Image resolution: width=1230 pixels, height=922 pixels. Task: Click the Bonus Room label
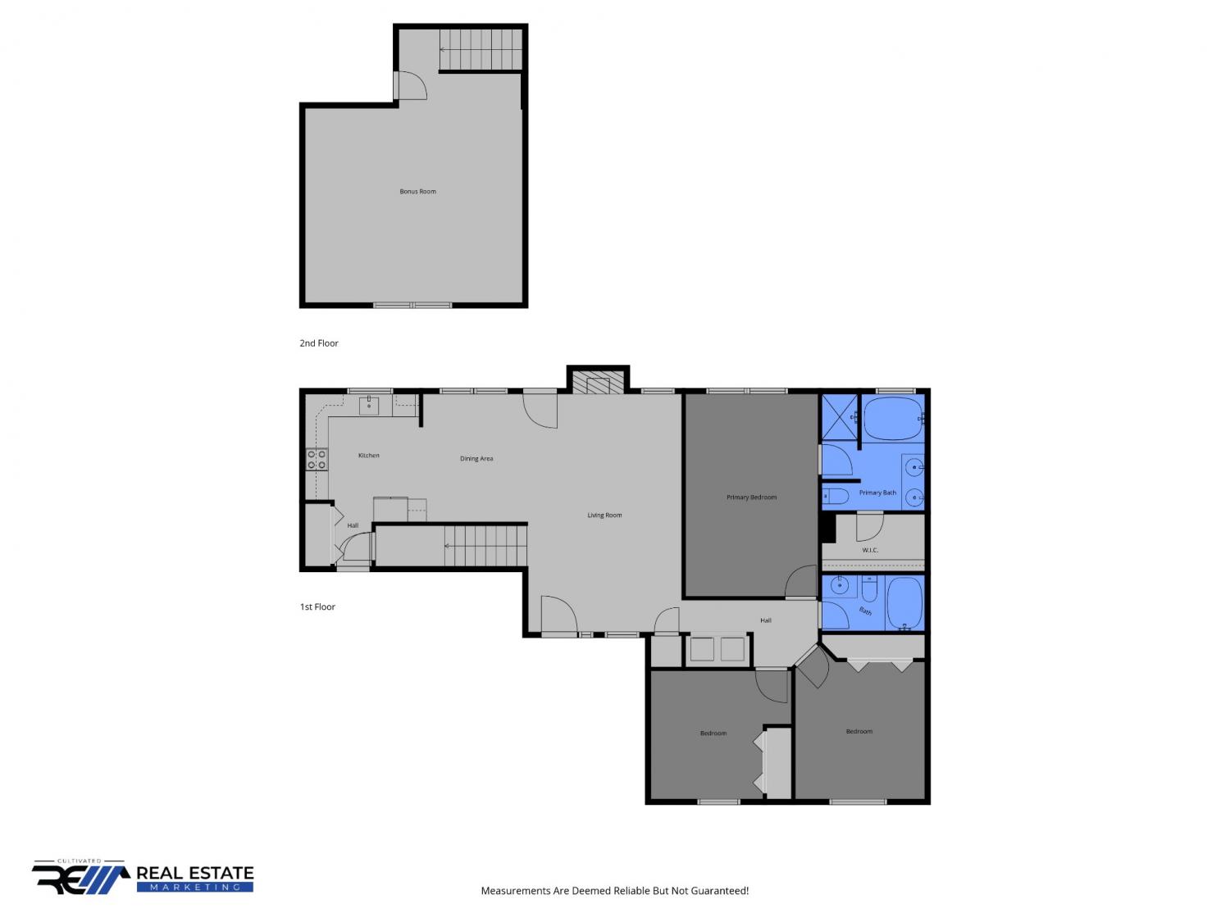click(x=417, y=192)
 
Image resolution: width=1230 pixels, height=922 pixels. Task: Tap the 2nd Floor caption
click(x=319, y=343)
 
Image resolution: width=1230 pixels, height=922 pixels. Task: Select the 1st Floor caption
click(x=317, y=606)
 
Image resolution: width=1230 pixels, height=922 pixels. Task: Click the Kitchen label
click(x=369, y=456)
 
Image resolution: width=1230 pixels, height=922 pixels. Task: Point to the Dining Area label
click(x=476, y=458)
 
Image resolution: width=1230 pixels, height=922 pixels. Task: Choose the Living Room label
click(x=604, y=515)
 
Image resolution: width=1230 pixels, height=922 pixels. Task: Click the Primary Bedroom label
click(x=751, y=497)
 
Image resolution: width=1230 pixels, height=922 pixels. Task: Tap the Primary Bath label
click(x=877, y=493)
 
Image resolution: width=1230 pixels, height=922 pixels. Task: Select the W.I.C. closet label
click(x=870, y=550)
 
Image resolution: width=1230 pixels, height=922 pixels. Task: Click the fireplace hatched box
click(x=598, y=381)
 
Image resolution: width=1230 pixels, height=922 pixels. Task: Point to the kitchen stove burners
click(x=317, y=460)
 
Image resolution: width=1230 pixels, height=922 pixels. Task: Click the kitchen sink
click(x=369, y=406)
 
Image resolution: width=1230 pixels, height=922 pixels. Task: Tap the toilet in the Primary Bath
click(x=836, y=496)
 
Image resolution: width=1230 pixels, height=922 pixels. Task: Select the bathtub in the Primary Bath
click(x=893, y=419)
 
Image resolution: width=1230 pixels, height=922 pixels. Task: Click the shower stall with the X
click(x=840, y=418)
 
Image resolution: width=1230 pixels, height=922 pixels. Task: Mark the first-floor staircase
click(x=485, y=546)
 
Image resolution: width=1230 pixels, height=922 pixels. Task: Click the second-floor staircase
click(x=481, y=50)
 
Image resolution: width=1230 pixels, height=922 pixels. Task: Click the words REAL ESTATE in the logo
click(x=195, y=874)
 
